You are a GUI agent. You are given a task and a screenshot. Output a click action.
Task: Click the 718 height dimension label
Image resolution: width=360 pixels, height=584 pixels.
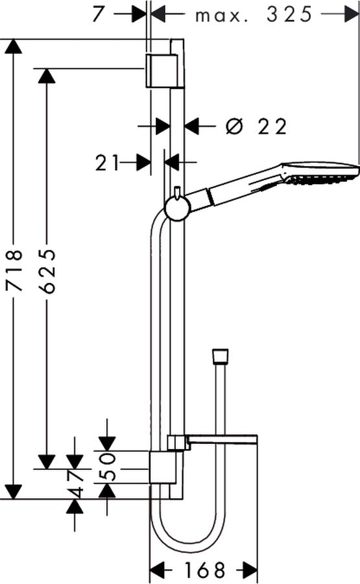point(15,270)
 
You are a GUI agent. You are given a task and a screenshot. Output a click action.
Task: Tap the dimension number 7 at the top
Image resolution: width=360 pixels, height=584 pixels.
point(97,14)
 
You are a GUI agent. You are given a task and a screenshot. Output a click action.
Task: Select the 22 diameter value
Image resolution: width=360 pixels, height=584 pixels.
point(273,127)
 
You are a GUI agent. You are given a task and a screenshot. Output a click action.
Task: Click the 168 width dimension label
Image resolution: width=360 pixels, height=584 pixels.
point(205,570)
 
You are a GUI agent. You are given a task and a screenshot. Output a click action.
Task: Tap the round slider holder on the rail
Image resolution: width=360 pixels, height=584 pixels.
point(178,208)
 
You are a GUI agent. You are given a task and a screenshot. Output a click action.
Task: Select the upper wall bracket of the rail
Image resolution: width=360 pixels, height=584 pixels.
point(165,71)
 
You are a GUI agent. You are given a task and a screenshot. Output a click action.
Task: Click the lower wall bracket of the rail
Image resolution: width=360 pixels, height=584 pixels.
point(167,468)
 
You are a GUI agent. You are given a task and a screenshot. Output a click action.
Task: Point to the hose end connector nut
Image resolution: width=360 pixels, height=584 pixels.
point(220,356)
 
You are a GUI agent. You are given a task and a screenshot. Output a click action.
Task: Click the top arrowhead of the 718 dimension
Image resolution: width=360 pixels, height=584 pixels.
point(14,47)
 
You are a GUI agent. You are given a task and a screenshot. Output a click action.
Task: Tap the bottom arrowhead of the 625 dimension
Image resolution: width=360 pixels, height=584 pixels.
point(47,461)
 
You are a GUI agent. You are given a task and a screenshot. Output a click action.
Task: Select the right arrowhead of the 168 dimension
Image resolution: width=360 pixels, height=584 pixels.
point(250,570)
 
